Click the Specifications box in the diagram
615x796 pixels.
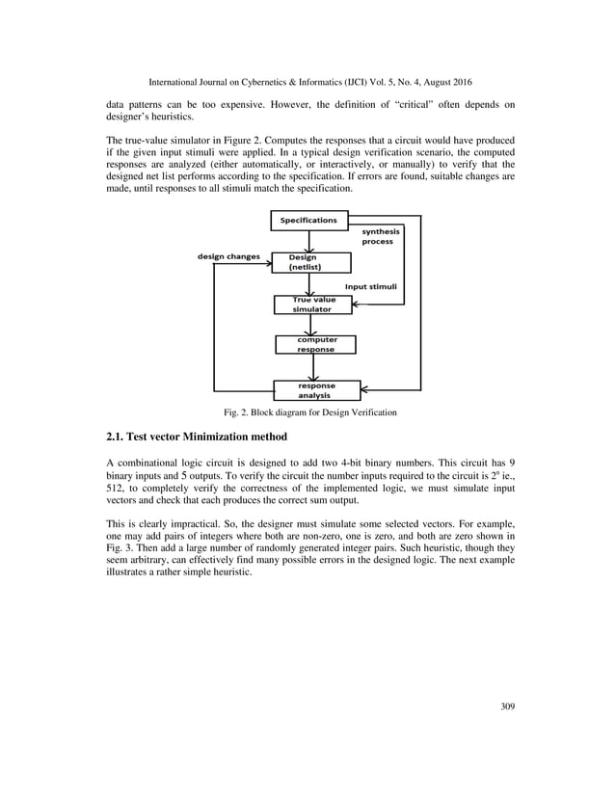tap(308, 221)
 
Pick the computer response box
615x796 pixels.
tap(314, 344)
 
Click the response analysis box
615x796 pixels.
tap(316, 389)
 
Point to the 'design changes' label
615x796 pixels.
tap(228, 257)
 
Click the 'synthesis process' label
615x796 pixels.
tap(381, 236)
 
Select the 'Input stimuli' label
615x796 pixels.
tap(371, 287)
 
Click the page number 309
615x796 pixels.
tap(507, 707)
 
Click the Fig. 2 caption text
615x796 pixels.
tap(307, 412)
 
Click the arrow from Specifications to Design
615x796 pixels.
tap(308, 242)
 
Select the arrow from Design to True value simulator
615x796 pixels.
tap(308, 284)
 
